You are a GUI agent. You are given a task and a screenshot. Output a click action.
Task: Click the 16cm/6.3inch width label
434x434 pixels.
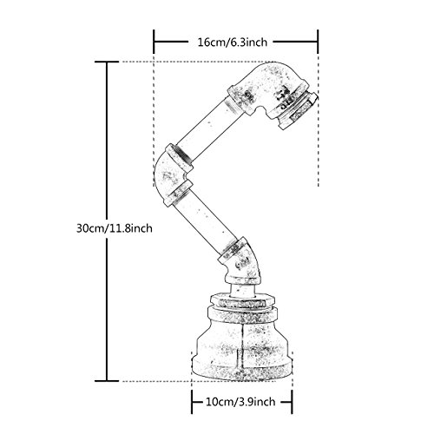click(x=233, y=43)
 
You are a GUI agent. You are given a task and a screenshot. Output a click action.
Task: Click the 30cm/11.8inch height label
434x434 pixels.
click(x=115, y=228)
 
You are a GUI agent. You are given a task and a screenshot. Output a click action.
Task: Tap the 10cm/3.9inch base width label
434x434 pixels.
click(x=240, y=402)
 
